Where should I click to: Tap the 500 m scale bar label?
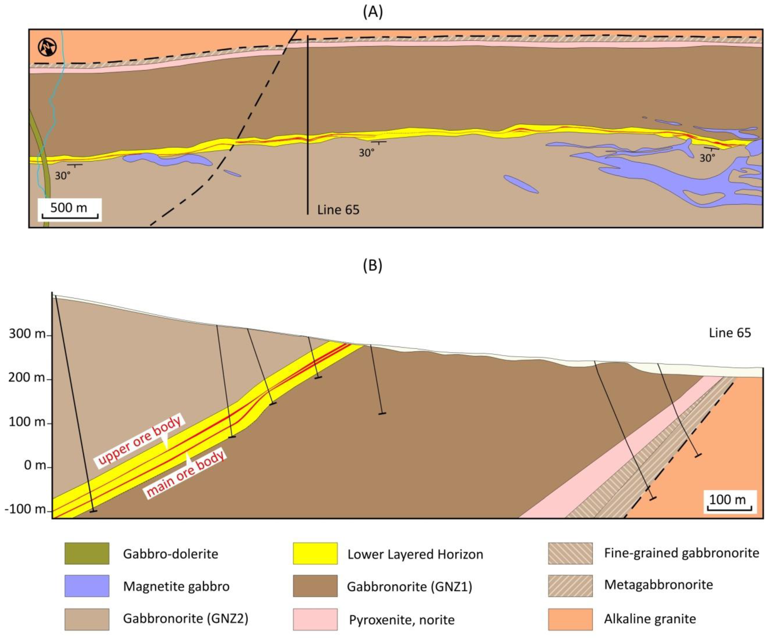tap(69, 208)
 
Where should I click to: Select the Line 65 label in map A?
tap(338, 210)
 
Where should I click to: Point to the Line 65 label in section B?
tap(730, 333)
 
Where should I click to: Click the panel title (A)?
tap(373, 12)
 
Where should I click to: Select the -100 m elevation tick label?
tap(25, 509)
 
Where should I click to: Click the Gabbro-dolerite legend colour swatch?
tap(87, 553)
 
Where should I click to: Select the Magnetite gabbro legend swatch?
tap(87, 586)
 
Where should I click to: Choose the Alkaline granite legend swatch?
tap(570, 619)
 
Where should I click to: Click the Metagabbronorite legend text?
tap(658, 585)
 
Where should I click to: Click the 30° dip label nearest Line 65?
tap(366, 153)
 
